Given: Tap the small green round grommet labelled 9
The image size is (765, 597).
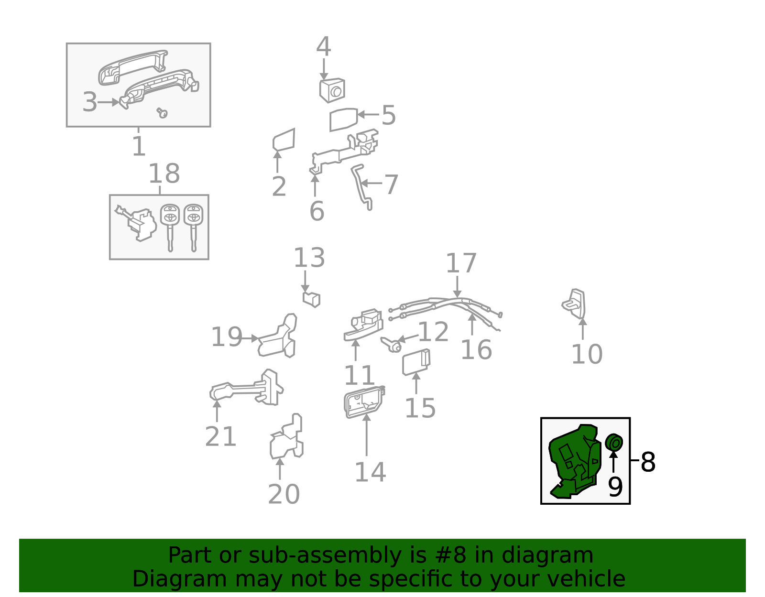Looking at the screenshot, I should click(x=613, y=443).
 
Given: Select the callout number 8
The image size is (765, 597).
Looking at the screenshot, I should click(x=648, y=462).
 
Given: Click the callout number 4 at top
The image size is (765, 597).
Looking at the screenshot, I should click(x=324, y=47).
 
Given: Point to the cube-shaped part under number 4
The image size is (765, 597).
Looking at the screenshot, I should click(x=332, y=90).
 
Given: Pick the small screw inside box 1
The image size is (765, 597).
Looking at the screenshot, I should click(x=163, y=113).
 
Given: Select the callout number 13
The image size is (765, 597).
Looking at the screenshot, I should click(x=309, y=258).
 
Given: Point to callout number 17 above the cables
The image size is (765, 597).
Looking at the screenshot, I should click(x=461, y=263).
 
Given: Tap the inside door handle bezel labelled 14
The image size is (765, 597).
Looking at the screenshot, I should click(x=363, y=402).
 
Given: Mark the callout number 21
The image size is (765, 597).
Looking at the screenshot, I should click(x=220, y=436).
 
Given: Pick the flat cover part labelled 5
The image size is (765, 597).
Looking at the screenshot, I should click(x=343, y=119).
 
